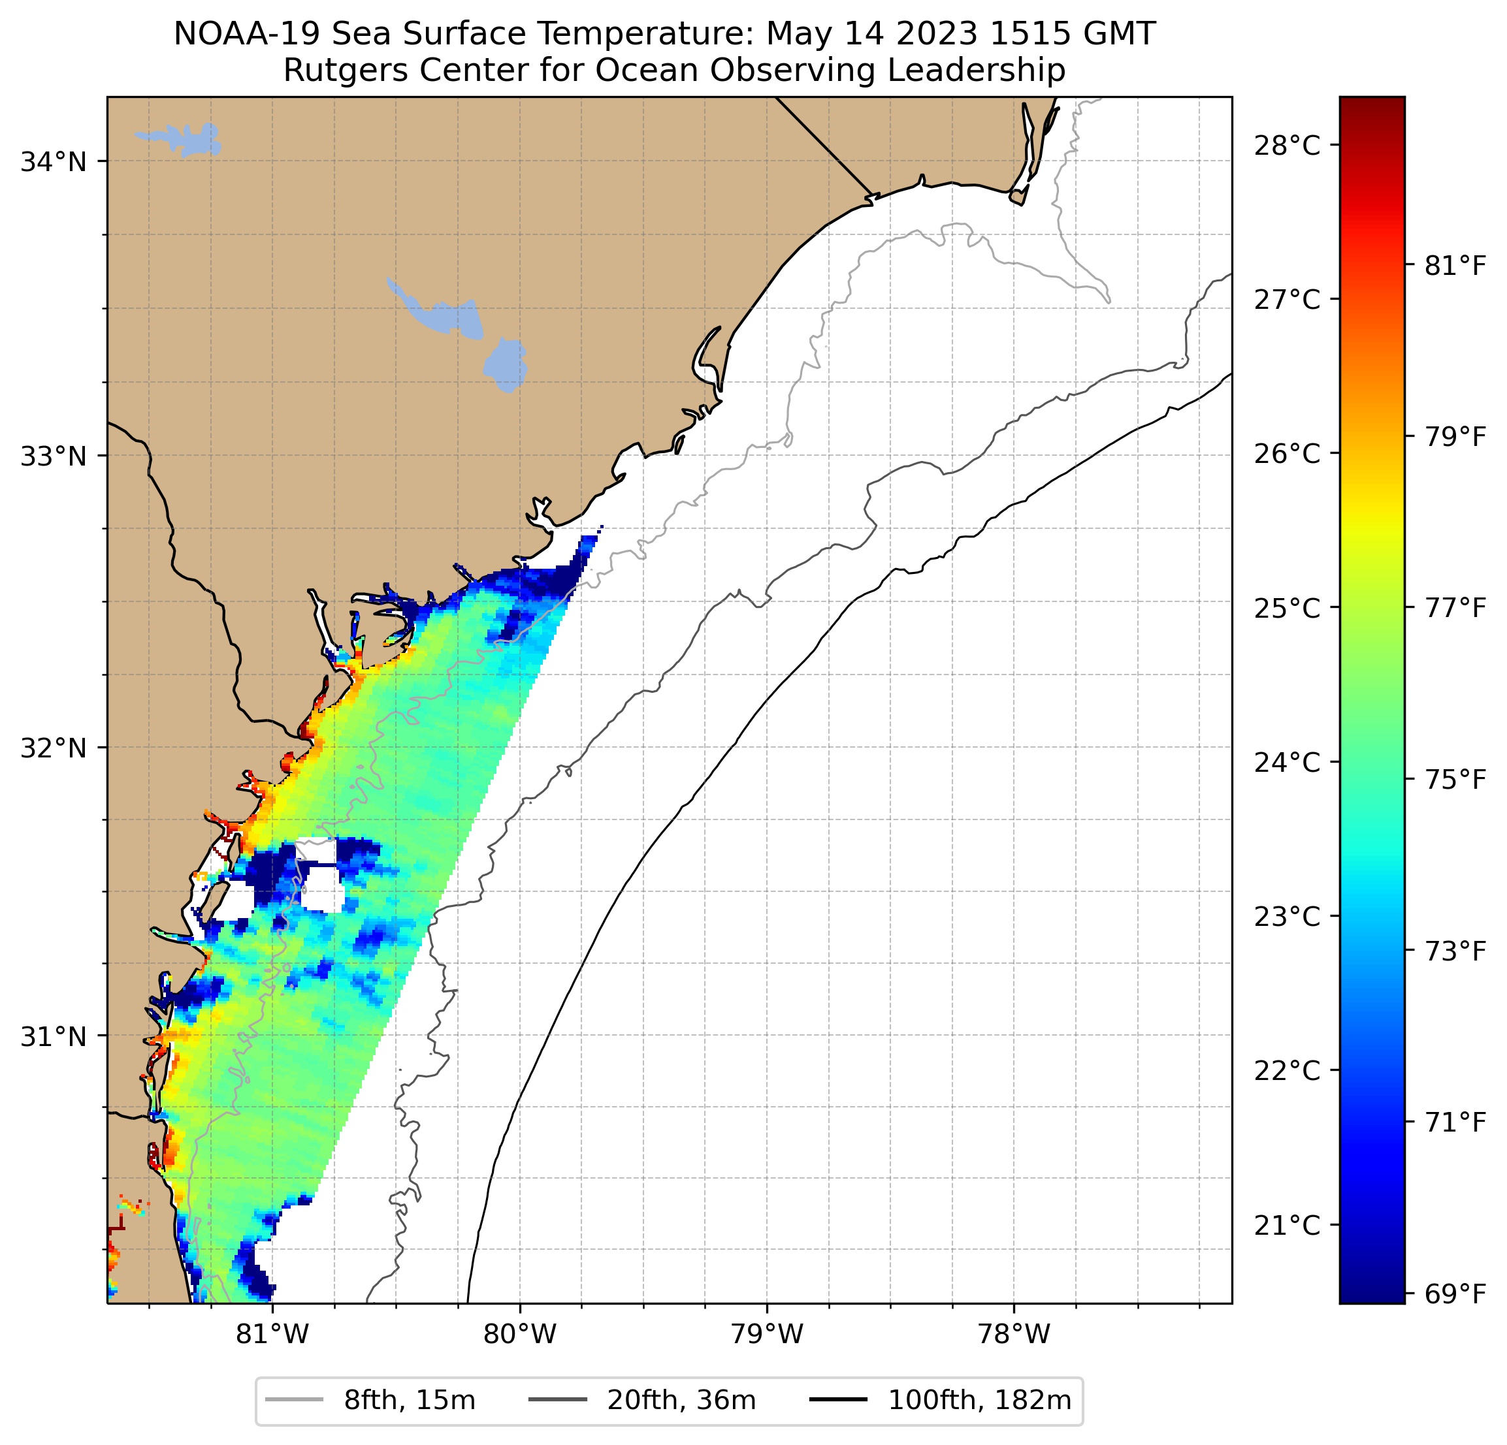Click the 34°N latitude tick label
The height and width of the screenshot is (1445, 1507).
pos(53,162)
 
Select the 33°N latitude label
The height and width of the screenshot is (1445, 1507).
pos(53,456)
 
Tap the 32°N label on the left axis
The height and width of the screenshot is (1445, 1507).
pos(53,747)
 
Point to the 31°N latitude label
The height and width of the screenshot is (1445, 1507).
pos(53,1036)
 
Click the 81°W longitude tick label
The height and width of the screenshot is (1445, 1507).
pos(272,1333)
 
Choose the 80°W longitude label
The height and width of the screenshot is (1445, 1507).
pos(520,1333)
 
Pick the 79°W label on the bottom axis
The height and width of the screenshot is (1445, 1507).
pos(767,1333)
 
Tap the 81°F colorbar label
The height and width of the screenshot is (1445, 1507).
pos(1455,266)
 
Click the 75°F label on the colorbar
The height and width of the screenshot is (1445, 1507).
pos(1455,780)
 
